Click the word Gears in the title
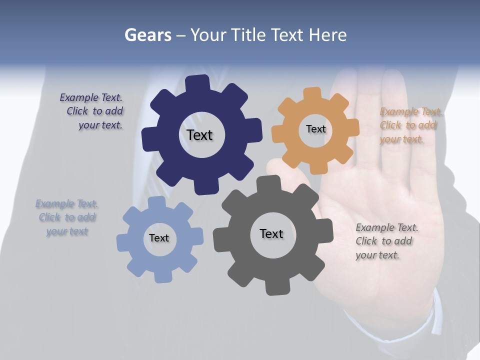(x=147, y=35)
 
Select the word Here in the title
(x=327, y=35)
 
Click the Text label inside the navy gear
(x=199, y=135)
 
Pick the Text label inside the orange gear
(x=315, y=129)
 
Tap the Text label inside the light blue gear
(x=159, y=238)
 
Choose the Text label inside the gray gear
(x=271, y=233)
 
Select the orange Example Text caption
(x=410, y=125)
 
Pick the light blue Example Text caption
(x=67, y=217)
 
